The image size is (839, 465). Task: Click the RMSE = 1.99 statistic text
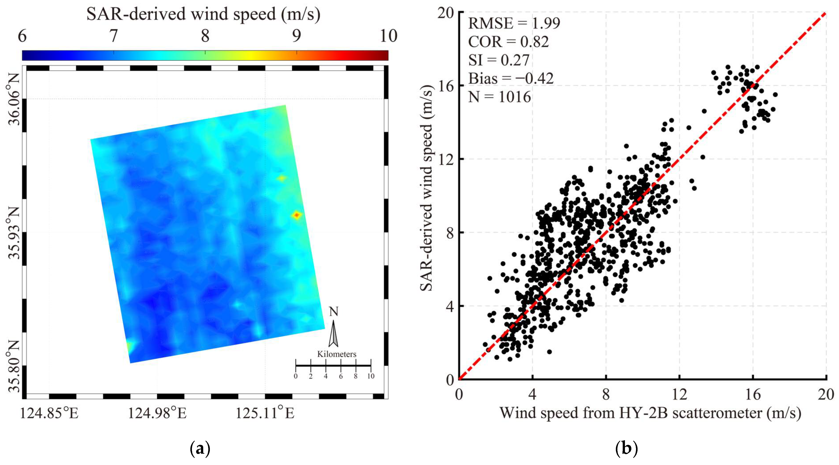(514, 23)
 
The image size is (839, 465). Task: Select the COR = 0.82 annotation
(508, 42)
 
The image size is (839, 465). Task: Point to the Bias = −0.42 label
(511, 78)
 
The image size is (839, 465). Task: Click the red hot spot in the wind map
(296, 215)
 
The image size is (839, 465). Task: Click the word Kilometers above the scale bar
(337, 354)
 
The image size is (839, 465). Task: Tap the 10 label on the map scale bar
(371, 376)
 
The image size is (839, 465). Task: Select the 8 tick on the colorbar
(205, 36)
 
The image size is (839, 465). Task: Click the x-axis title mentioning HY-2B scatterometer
(650, 413)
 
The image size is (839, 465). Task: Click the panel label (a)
(200, 449)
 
